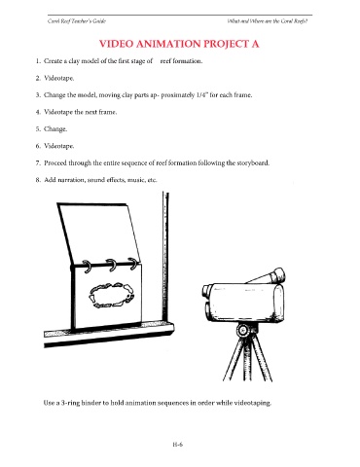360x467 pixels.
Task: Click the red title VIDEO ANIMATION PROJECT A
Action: coord(179,44)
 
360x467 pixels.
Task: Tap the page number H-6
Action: coord(178,445)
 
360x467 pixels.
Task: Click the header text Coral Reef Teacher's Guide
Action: coord(77,21)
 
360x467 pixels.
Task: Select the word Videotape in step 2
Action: coord(59,78)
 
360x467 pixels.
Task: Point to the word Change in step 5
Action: coord(55,129)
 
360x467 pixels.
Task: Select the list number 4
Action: coord(38,112)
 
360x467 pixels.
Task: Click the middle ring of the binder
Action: coord(111,266)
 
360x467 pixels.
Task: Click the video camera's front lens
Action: coord(206,291)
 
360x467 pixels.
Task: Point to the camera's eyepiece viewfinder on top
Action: coord(275,275)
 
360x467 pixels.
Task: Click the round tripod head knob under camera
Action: coord(242,331)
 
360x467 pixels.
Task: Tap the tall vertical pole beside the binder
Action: coord(165,258)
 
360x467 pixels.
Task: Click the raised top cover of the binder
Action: coord(99,234)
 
